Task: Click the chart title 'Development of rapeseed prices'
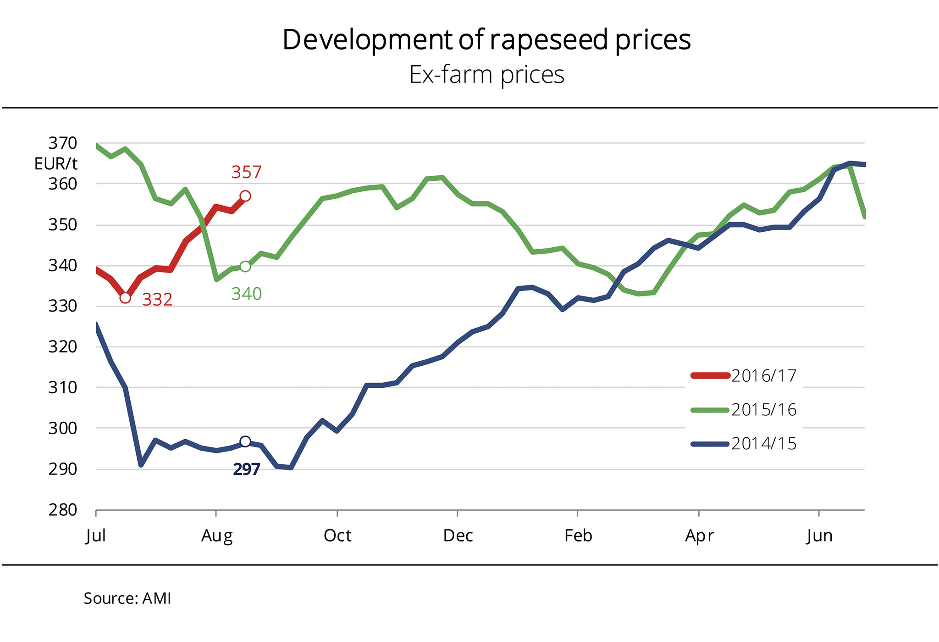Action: [486, 40]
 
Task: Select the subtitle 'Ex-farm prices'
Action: [486, 75]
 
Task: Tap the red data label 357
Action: [246, 173]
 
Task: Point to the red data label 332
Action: [157, 300]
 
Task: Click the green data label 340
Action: [246, 294]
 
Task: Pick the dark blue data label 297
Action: [246, 469]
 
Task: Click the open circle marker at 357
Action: [245, 196]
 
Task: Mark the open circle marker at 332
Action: [125, 298]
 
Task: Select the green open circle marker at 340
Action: [245, 267]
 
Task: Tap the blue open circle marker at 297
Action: [245, 441]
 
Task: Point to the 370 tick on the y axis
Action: [63, 143]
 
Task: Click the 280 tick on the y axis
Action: [63, 510]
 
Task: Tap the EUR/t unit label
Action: [56, 164]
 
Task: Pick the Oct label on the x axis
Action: [337, 536]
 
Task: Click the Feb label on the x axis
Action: [578, 536]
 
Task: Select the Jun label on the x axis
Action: [819, 536]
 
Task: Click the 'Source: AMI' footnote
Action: [127, 598]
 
